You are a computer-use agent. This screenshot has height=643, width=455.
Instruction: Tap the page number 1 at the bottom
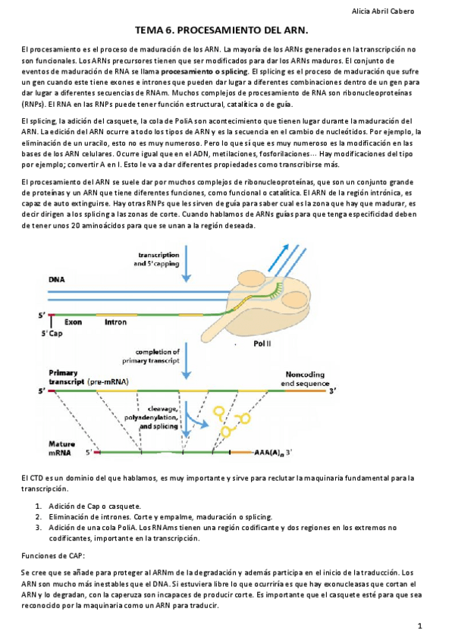point(419,626)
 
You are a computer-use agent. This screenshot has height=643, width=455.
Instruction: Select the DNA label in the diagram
point(58,279)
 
